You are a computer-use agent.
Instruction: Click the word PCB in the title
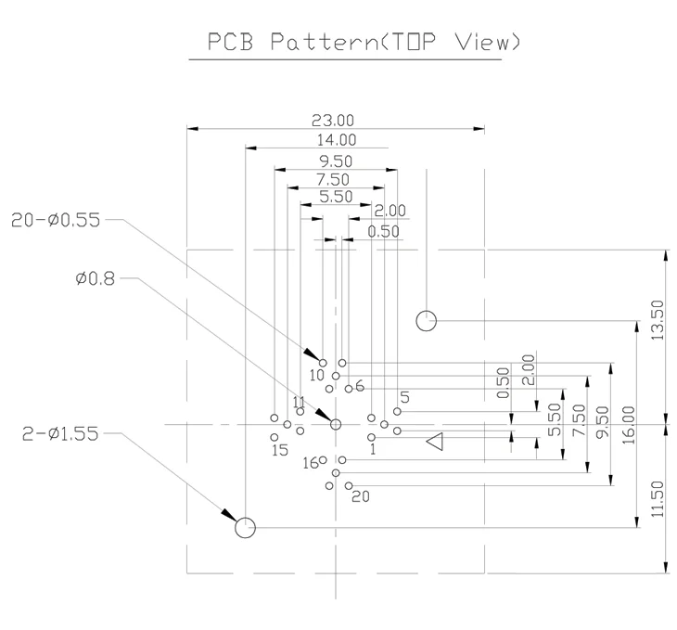[x=230, y=42]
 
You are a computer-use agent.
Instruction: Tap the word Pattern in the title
[x=325, y=42]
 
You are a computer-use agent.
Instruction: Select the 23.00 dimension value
[x=333, y=120]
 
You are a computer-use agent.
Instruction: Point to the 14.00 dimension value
[x=337, y=140]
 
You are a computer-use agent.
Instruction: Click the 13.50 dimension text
[x=657, y=320]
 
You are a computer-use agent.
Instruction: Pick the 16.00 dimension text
[x=629, y=425]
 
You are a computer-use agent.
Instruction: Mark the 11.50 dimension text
[x=657, y=499]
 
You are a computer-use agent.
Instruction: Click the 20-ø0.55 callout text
[x=56, y=220]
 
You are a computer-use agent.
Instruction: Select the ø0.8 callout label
[x=96, y=278]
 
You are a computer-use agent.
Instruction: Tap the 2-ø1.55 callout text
[x=60, y=433]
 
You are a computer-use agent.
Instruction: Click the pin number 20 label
[x=361, y=496]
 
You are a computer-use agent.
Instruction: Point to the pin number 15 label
[x=280, y=450]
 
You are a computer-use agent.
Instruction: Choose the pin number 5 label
[x=404, y=397]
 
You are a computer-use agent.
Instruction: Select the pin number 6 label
[x=360, y=386]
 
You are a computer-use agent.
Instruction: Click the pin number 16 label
[x=311, y=463]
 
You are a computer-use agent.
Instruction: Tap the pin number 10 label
[x=316, y=375]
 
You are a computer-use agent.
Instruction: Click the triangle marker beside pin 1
[x=435, y=441]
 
